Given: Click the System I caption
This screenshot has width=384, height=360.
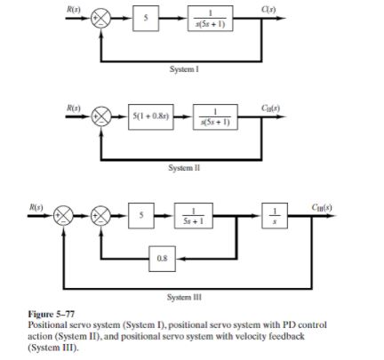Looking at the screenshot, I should [x=173, y=68].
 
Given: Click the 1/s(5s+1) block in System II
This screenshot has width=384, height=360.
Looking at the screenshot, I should [x=220, y=116].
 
